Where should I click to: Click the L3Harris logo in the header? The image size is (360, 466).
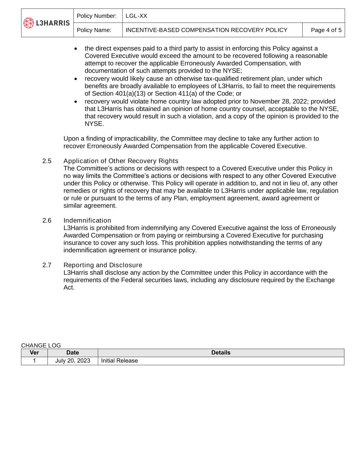coord(47,23)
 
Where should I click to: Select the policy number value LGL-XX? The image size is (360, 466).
coord(136,16)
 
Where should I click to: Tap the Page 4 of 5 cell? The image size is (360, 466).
coord(326,30)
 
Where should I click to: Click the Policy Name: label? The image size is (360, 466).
coord(94,30)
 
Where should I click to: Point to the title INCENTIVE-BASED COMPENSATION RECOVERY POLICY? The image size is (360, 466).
coord(206,30)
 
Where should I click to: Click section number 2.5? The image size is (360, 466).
coord(47,161)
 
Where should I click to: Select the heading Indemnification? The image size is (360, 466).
coord(87,220)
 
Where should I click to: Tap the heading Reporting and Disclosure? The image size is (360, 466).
coord(103,265)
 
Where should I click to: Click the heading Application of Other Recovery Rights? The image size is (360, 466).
coord(121,161)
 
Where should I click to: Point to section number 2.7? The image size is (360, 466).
coord(47,265)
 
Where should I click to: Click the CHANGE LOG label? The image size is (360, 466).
coord(41,345)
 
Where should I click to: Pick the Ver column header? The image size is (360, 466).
coord(34,353)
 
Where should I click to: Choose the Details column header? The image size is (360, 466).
coord(221,353)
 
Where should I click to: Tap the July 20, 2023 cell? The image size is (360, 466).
coord(73,361)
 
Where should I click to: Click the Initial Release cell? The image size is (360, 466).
coord(119,361)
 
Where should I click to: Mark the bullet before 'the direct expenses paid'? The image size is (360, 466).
coord(76,49)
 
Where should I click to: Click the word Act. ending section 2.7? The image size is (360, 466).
coord(69,287)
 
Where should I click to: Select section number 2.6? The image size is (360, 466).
coord(47,220)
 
